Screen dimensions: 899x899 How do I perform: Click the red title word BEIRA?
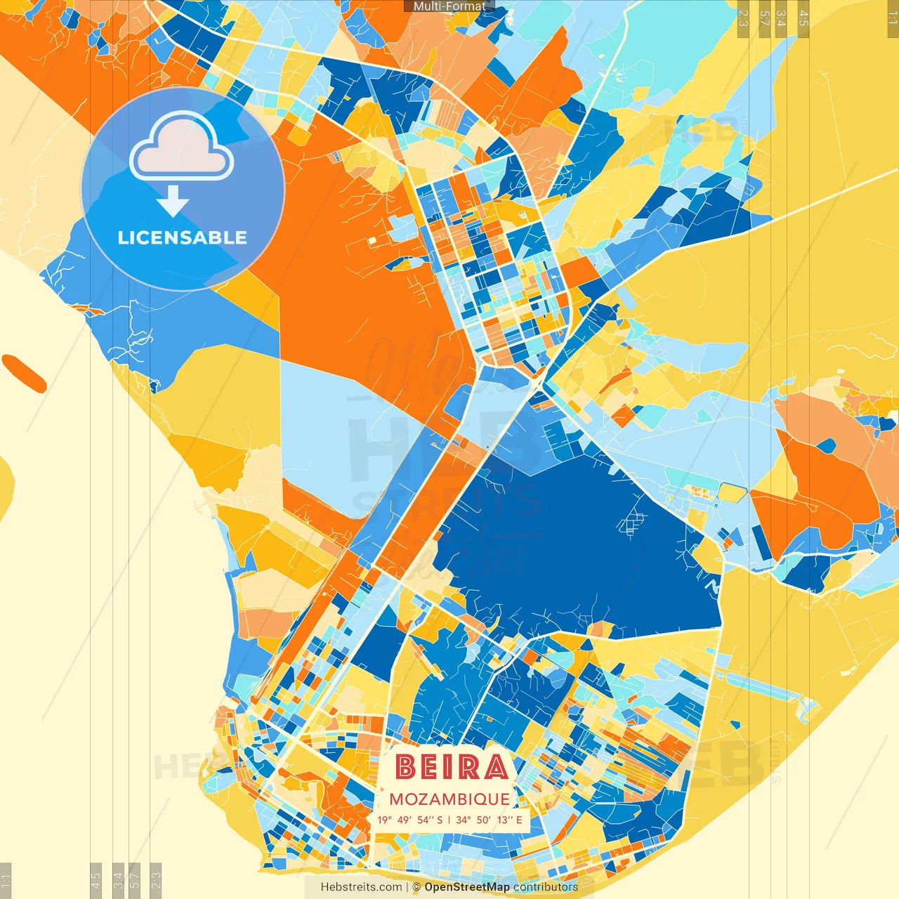(451, 767)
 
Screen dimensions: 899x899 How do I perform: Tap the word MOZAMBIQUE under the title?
(449, 799)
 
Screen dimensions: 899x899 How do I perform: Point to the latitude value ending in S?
(410, 820)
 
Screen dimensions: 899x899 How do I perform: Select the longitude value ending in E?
(489, 820)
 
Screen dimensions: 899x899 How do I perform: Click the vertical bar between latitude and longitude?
(449, 820)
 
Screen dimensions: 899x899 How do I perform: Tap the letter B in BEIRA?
(405, 767)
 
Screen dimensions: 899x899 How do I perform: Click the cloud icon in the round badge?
(181, 149)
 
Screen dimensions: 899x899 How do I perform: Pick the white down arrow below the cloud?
(173, 202)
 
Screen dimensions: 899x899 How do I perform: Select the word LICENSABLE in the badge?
(183, 237)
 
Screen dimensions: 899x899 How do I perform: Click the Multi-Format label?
(449, 6)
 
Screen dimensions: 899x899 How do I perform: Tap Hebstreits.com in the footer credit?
(361, 887)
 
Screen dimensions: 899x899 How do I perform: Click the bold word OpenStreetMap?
(467, 887)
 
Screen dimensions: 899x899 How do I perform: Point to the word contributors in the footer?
(546, 887)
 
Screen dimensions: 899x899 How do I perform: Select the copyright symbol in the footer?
(416, 887)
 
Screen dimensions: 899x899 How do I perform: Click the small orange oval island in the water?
(24, 373)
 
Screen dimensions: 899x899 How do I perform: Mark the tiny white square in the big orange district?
(372, 241)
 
